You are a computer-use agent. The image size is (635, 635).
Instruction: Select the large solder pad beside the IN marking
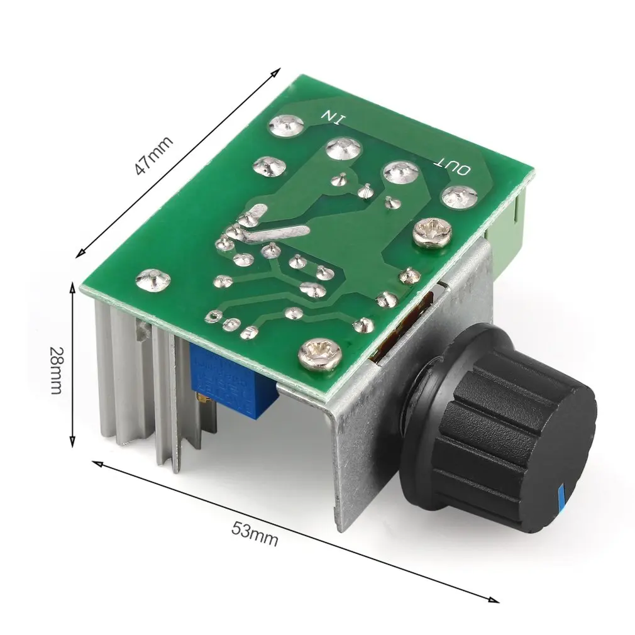point(287,124)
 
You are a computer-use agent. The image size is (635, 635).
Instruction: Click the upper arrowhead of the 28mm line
point(75,287)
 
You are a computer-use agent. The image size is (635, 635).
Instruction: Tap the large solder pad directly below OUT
point(459,197)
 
